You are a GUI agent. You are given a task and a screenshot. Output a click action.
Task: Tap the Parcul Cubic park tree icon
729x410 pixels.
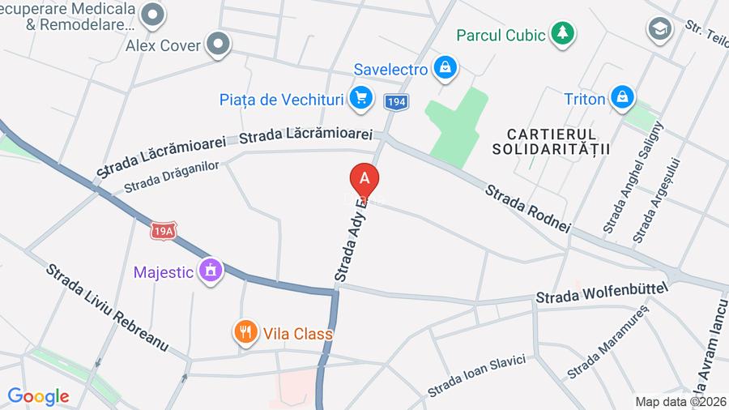pyautogui.click(x=561, y=33)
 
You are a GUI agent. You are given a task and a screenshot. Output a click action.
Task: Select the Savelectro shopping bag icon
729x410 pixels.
pyautogui.click(x=445, y=68)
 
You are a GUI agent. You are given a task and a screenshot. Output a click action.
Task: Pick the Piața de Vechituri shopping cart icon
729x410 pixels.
pyautogui.click(x=361, y=99)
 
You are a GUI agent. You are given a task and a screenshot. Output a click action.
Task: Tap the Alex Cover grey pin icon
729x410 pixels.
pyautogui.click(x=218, y=45)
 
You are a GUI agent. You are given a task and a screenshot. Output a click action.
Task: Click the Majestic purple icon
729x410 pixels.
pyautogui.click(x=211, y=271)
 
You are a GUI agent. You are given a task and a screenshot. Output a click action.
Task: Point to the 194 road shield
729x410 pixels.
pyautogui.click(x=396, y=102)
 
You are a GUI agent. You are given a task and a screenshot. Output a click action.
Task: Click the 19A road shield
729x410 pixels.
pyautogui.click(x=163, y=232)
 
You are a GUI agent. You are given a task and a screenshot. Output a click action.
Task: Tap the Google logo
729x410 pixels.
pyautogui.click(x=38, y=396)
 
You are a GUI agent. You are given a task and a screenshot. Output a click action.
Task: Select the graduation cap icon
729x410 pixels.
pyautogui.click(x=659, y=30)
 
